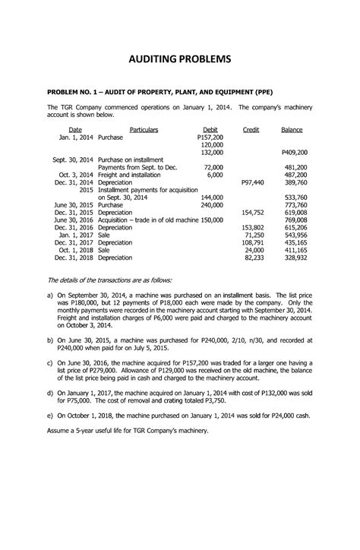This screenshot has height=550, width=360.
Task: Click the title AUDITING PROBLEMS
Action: (179, 60)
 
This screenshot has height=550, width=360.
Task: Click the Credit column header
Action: (250, 130)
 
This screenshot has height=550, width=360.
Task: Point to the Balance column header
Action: (292, 130)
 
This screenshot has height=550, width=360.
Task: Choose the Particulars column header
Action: (144, 130)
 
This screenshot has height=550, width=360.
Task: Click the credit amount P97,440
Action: (251, 182)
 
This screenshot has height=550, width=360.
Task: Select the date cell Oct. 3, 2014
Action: (75, 174)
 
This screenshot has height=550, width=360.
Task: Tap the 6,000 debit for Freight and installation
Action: (214, 174)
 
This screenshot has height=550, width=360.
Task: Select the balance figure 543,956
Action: (295, 235)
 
